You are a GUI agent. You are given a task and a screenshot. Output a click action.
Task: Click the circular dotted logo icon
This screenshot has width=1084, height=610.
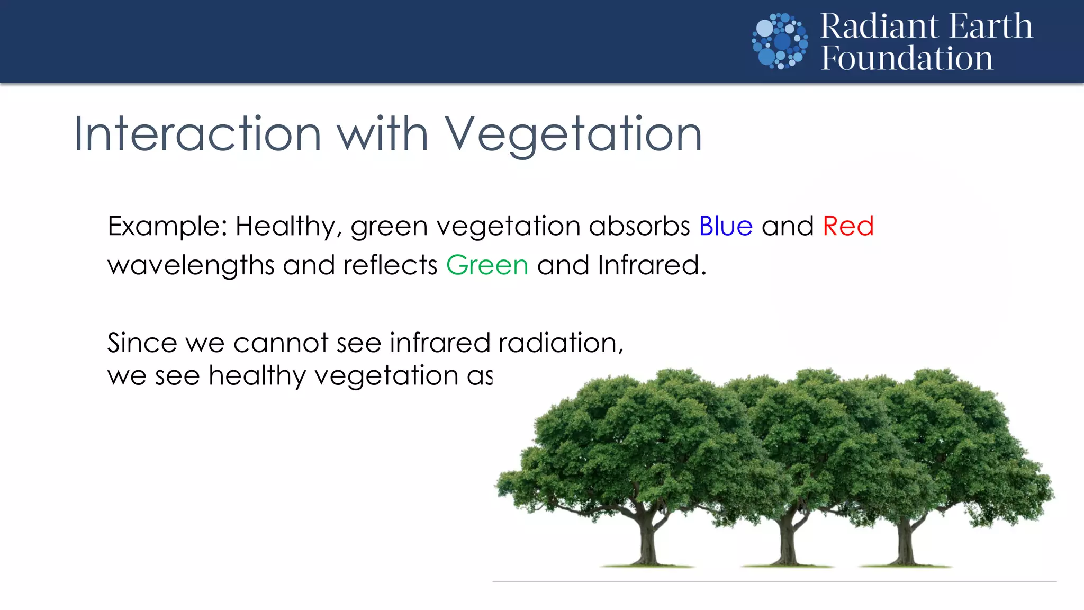pyautogui.click(x=780, y=41)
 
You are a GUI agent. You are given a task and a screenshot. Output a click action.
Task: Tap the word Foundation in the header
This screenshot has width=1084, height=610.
pyautogui.click(x=907, y=58)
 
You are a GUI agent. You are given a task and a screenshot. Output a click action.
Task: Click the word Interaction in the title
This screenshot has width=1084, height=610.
pyautogui.click(x=197, y=134)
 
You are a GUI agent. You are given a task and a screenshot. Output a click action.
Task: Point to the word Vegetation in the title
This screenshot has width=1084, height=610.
pyautogui.click(x=573, y=136)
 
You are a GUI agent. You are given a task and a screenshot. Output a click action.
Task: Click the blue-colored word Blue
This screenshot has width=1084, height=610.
pyautogui.click(x=726, y=226)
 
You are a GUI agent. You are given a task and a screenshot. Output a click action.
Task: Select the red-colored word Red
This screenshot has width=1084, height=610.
pyautogui.click(x=848, y=226)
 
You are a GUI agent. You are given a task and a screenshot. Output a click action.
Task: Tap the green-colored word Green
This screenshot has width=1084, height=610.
pyautogui.click(x=487, y=265)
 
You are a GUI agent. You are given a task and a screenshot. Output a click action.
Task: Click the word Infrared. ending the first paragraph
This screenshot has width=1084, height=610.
pyautogui.click(x=652, y=265)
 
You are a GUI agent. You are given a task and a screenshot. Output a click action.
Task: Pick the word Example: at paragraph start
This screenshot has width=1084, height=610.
pyautogui.click(x=167, y=227)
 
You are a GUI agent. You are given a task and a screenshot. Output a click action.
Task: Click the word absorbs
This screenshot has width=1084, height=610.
pyautogui.click(x=639, y=226)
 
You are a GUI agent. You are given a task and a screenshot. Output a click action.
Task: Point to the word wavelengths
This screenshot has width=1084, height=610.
pyautogui.click(x=191, y=265)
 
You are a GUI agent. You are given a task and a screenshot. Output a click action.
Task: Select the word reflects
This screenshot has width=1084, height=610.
pyautogui.click(x=390, y=265)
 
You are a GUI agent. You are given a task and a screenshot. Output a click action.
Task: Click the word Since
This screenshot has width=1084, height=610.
pyautogui.click(x=141, y=343)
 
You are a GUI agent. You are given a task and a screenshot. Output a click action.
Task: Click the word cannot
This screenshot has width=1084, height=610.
pyautogui.click(x=281, y=343)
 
